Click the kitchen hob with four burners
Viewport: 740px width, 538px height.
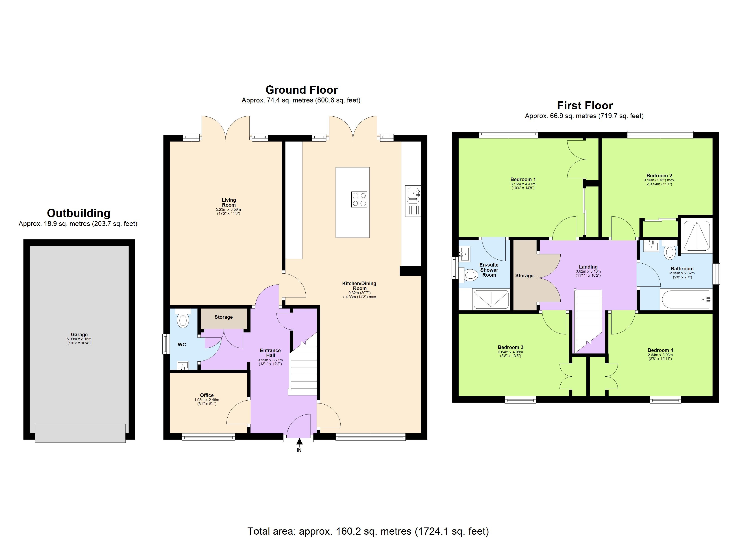pos(359,199)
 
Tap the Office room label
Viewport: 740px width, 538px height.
pos(207,395)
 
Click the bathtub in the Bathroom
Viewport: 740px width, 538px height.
pos(685,299)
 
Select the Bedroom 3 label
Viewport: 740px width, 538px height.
pos(510,347)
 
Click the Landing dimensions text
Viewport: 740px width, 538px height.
pos(588,273)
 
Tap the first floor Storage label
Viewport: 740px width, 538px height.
pos(524,276)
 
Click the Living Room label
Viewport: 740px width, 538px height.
pos(229,202)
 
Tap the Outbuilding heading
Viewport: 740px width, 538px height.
pos(79,213)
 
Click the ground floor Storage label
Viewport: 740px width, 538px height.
pos(224,317)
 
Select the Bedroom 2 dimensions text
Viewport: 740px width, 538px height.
pos(659,182)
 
